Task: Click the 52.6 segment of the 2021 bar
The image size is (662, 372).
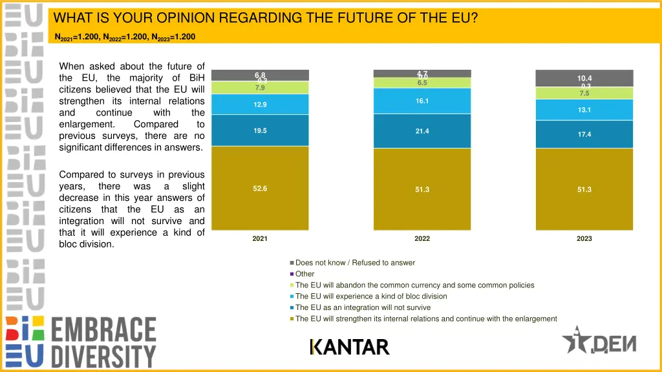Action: click(x=260, y=188)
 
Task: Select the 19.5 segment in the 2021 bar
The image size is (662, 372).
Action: click(x=260, y=130)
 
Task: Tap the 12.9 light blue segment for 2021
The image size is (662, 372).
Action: click(x=260, y=104)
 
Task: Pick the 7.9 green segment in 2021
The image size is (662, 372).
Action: click(x=260, y=88)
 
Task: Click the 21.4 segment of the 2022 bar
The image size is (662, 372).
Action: click(x=422, y=131)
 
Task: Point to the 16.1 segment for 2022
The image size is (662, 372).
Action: click(x=422, y=101)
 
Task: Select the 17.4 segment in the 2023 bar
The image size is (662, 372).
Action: click(x=584, y=134)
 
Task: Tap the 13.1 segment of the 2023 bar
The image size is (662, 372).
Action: click(x=584, y=110)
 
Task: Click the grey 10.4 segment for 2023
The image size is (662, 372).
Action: click(x=584, y=77)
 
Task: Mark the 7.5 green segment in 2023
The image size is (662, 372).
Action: click(x=584, y=94)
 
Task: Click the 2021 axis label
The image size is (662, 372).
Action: click(x=260, y=238)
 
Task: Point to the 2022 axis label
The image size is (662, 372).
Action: click(x=422, y=238)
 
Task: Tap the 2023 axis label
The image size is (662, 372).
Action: click(x=584, y=238)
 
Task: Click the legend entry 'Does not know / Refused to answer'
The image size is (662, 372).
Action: click(x=355, y=263)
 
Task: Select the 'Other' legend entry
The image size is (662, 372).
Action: click(x=304, y=274)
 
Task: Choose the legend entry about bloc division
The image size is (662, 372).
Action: click(x=370, y=296)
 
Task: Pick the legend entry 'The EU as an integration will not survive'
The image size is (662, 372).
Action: click(x=363, y=307)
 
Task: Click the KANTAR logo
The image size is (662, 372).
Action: click(x=350, y=347)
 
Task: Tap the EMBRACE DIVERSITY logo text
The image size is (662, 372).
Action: click(x=103, y=342)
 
